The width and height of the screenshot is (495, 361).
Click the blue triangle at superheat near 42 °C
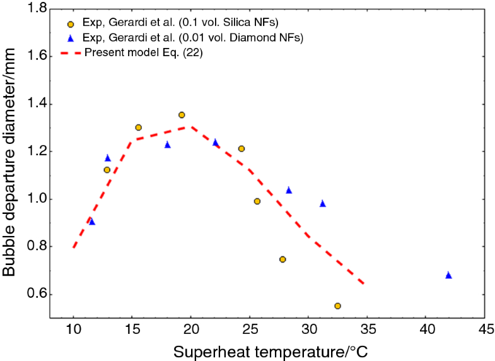[x=448, y=275]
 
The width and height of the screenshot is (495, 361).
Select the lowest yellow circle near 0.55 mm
[x=337, y=305]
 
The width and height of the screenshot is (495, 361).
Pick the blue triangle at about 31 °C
[x=322, y=203]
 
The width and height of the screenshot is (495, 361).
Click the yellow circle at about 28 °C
[x=282, y=259]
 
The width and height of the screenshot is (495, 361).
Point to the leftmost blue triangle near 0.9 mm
[x=92, y=222]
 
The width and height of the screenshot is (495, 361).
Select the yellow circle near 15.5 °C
[x=138, y=127]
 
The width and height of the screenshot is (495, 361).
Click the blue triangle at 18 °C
[x=168, y=145]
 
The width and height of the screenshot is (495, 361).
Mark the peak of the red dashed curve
[x=189, y=127]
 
